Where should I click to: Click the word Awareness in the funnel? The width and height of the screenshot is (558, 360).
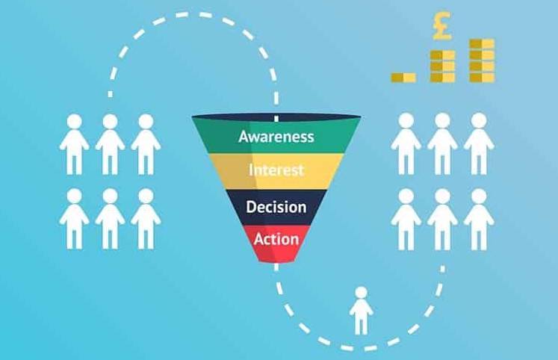[276, 137]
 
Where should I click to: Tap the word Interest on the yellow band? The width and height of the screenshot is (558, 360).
[276, 170]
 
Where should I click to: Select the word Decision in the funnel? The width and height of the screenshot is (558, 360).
[276, 207]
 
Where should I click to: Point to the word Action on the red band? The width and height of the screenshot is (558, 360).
[276, 240]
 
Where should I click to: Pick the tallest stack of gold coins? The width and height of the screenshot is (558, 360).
[481, 60]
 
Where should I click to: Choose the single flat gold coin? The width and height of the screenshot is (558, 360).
[403, 77]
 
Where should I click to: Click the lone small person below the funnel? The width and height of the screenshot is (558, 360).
[362, 311]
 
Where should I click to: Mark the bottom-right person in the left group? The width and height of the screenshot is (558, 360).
[146, 217]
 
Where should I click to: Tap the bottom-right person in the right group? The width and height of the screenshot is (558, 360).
[478, 217]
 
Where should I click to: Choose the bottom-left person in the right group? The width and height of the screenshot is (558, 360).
[406, 217]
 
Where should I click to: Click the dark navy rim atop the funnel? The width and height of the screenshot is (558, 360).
[276, 117]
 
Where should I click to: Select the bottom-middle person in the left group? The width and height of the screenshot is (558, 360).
[110, 217]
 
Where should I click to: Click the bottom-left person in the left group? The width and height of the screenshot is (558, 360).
[74, 217]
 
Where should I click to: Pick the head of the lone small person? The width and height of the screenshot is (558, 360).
[362, 293]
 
